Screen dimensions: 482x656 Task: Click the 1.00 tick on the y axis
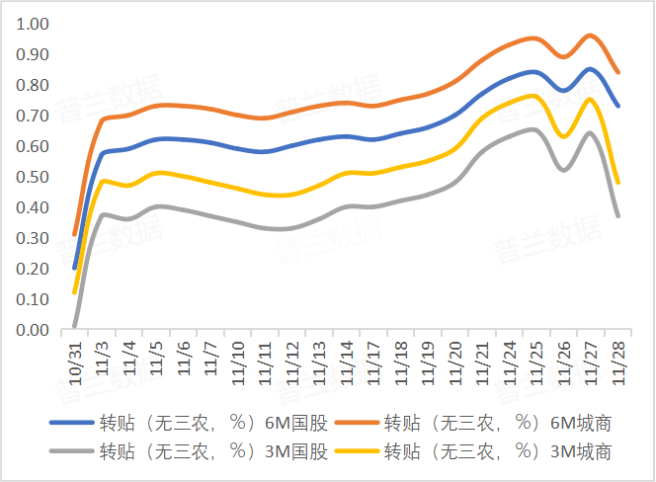(33, 23)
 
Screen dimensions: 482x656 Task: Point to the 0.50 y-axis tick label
(33, 177)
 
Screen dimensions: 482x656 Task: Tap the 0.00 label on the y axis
(33, 330)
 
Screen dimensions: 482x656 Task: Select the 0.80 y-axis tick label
(33, 84)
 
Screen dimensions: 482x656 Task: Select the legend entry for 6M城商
(497, 424)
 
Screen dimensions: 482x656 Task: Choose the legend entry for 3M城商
(497, 452)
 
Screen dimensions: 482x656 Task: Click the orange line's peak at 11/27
(591, 35)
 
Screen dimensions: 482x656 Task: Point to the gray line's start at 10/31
(75, 325)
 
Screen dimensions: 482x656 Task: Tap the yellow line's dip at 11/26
(564, 137)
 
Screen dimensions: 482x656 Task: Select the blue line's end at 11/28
(618, 106)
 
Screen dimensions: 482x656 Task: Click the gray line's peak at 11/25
(533, 129)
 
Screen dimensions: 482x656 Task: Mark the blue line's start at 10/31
(75, 268)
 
